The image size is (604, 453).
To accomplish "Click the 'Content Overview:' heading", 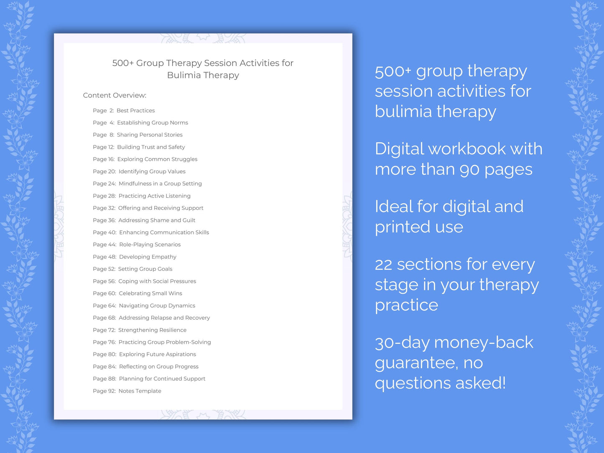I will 115,95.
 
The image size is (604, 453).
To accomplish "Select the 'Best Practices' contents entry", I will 135,111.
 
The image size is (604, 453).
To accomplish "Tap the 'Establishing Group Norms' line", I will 152,123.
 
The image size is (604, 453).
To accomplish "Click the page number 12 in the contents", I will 111,147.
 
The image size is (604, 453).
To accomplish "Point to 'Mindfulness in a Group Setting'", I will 160,184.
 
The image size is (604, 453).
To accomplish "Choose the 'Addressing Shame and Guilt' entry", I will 157,220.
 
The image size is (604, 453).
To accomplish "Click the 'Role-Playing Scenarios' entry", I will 150,244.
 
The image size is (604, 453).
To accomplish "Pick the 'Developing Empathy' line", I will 148,257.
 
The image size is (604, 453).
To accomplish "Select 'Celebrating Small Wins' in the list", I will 150,293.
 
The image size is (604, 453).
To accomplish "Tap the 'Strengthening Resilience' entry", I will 152,330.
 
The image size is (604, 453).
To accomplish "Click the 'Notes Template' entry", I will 140,391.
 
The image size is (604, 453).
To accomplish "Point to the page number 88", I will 112,379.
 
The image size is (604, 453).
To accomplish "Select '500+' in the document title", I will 123,63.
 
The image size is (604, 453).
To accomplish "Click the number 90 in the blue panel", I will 467,170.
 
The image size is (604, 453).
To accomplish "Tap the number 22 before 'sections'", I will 383,265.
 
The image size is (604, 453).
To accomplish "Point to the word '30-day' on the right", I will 402,343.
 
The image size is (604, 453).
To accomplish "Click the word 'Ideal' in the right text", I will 393,207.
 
